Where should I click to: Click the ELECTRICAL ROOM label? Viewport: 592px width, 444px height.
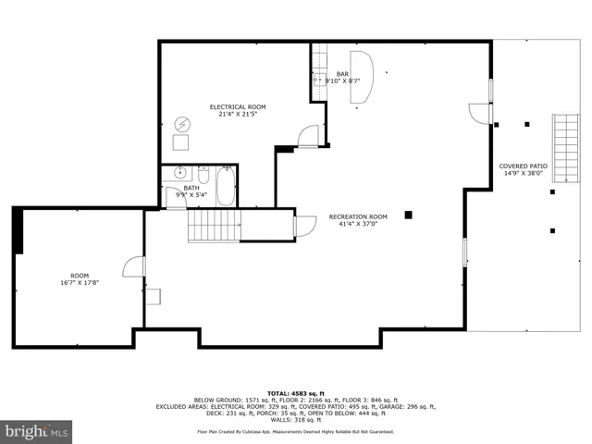pos(238,106)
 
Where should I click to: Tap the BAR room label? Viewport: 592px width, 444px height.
pos(342,74)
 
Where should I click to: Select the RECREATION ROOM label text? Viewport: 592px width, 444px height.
pos(358,216)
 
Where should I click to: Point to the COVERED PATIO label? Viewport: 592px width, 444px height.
pos(524,166)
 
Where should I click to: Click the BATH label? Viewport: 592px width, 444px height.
pos(191,189)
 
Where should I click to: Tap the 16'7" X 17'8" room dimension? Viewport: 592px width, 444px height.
pos(80,283)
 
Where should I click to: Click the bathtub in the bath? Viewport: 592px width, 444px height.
pos(226,187)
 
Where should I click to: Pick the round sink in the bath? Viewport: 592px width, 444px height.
pos(179,173)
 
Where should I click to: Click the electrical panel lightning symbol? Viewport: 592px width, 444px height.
pos(182,123)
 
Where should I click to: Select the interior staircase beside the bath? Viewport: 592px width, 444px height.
pos(215,226)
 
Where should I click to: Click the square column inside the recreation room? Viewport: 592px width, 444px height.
pos(408,216)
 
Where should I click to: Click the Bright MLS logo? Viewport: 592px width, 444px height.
pos(37,431)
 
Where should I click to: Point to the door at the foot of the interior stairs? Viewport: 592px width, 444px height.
pos(302,225)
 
